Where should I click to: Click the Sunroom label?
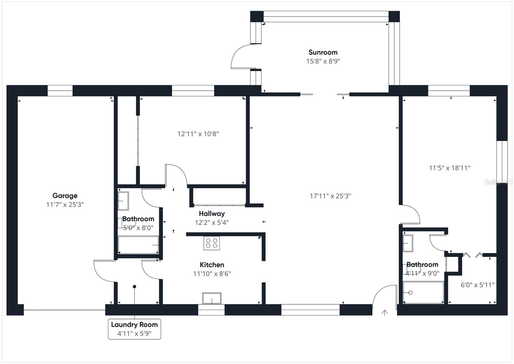(323, 52)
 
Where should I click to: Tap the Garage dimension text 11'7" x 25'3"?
(65, 205)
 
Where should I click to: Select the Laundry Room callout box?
(134, 329)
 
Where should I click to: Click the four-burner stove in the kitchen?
(211, 243)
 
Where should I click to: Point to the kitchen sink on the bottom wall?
(212, 298)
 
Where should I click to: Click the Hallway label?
(212, 213)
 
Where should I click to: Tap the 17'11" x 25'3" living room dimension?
(330, 196)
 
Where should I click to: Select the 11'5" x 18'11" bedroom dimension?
(449, 168)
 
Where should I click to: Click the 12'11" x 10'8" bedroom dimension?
(198, 134)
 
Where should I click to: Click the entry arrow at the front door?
(385, 313)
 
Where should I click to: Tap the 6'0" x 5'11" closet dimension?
(477, 285)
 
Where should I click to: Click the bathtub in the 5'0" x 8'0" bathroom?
(138, 245)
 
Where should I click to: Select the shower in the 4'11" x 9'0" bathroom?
(423, 292)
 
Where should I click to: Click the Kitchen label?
(212, 265)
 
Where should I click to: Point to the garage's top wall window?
(60, 90)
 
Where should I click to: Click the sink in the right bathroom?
(408, 243)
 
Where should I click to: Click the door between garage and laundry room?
(103, 270)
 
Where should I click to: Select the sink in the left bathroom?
(123, 201)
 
